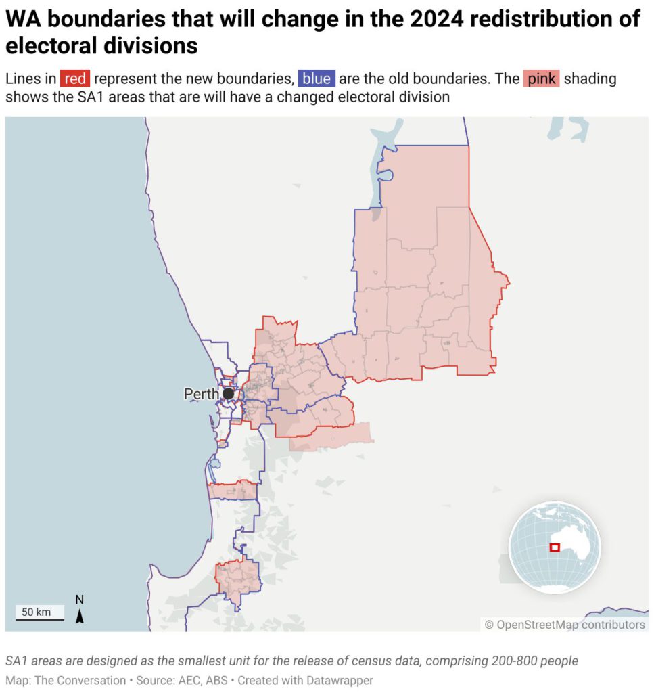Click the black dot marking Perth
point(229,393)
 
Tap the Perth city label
point(201,394)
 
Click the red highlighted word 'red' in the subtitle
point(75,79)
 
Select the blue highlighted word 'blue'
point(316,79)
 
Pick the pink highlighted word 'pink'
point(541,79)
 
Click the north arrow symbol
point(80,616)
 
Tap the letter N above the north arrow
point(80,600)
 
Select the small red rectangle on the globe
point(555,547)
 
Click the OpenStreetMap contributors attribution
point(565,625)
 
